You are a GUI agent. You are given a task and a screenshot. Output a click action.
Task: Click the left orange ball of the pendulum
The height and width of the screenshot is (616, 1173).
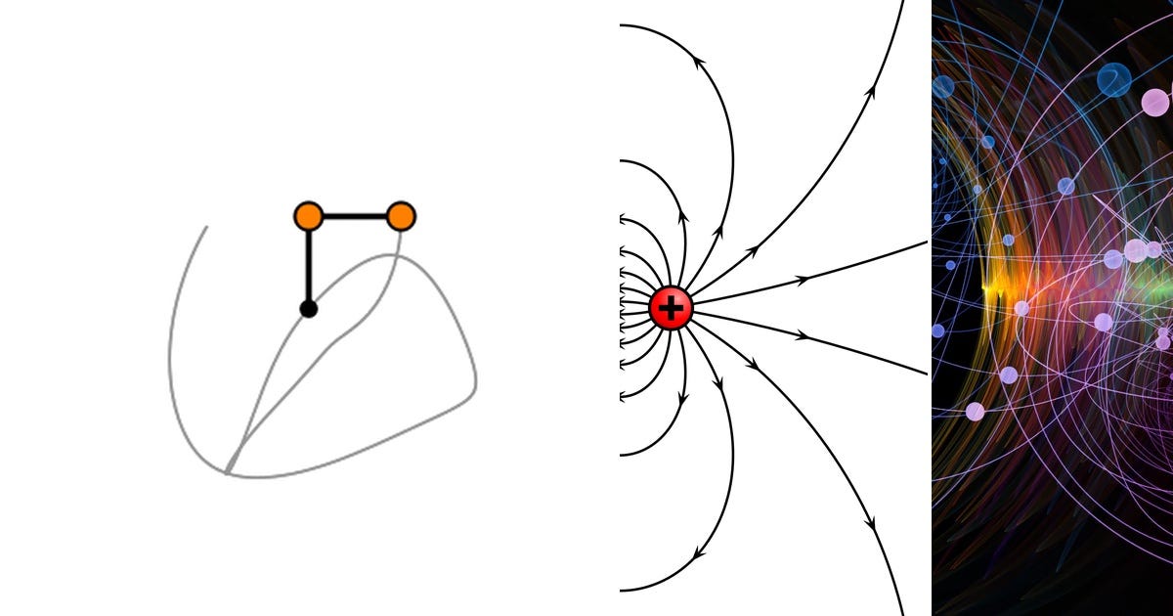309,216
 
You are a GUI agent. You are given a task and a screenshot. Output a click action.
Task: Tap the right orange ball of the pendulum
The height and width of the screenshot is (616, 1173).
401,216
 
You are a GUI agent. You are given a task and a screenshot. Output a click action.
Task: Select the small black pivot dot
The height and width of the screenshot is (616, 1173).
309,309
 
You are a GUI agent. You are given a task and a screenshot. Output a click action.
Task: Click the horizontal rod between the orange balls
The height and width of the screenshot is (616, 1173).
355,216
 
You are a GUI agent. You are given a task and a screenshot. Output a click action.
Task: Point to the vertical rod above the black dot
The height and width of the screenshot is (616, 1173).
309,264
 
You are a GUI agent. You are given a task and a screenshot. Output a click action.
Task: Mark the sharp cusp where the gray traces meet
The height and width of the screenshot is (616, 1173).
227,473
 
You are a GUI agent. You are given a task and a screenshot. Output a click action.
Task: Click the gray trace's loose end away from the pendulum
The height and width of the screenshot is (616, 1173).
206,227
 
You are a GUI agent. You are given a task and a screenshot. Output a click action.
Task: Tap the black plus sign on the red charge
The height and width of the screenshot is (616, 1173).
671,308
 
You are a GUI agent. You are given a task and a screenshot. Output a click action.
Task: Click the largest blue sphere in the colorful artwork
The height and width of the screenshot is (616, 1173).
1113,79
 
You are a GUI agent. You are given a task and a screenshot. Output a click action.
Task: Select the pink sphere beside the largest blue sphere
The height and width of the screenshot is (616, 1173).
1155,103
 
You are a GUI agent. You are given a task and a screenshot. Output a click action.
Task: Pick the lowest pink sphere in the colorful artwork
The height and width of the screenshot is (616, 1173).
975,412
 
